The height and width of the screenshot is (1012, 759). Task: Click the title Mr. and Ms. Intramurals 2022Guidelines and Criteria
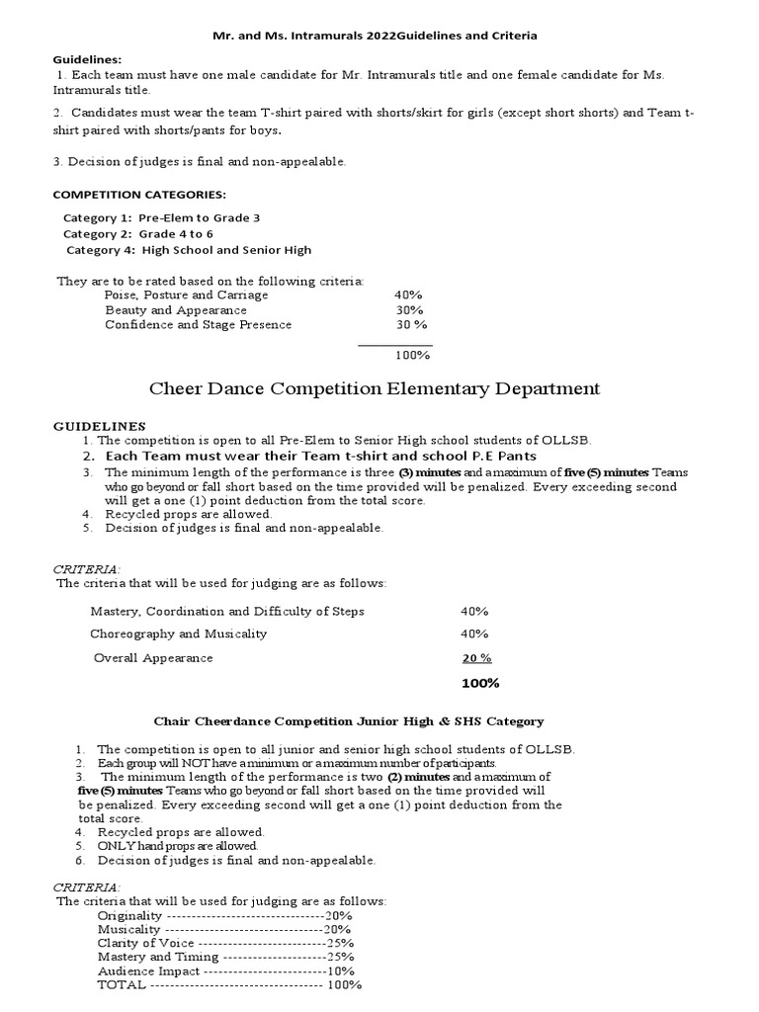pos(376,36)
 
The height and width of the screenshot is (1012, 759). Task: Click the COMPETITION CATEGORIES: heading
pos(138,194)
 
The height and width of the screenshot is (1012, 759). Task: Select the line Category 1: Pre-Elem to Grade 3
pos(162,217)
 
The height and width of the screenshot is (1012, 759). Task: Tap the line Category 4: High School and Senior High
pos(188,250)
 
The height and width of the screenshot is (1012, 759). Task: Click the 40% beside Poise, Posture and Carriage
pos(408,295)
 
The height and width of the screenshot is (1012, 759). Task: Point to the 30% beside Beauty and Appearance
pos(408,310)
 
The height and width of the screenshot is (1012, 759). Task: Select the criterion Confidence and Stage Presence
pos(199,325)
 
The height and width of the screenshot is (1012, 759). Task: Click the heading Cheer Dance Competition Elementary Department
pos(375,388)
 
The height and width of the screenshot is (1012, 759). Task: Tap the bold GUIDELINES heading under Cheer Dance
pos(99,426)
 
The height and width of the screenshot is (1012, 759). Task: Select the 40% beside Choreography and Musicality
pos(474,633)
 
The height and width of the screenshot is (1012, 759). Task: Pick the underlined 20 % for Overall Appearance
pos(476,658)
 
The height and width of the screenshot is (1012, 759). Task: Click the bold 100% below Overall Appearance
pos(480,684)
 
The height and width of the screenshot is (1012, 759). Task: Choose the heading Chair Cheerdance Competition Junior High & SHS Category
pos(348,722)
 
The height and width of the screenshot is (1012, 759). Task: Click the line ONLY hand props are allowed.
pos(178,846)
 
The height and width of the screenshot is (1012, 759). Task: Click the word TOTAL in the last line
pos(121,985)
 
